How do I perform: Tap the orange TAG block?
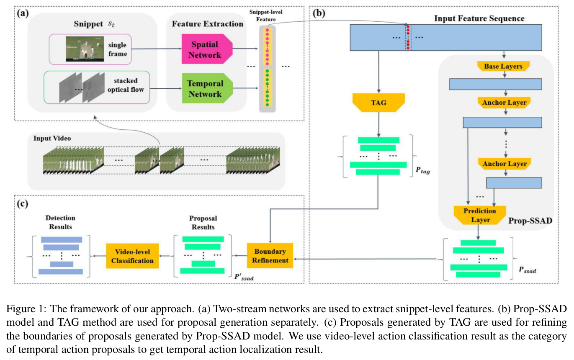378,103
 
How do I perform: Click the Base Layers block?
503,66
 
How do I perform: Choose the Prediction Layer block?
480,215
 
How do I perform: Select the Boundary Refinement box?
270,255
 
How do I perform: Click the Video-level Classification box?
132,256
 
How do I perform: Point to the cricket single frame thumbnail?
85,49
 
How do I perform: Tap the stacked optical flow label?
126,85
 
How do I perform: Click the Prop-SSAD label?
530,221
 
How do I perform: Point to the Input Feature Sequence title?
479,18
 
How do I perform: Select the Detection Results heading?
60,222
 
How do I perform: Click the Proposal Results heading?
203,222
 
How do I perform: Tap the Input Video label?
52,138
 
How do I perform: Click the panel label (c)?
23,204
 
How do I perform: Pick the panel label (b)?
319,13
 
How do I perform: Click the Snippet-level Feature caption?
266,15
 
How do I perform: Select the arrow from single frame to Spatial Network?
157,49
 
